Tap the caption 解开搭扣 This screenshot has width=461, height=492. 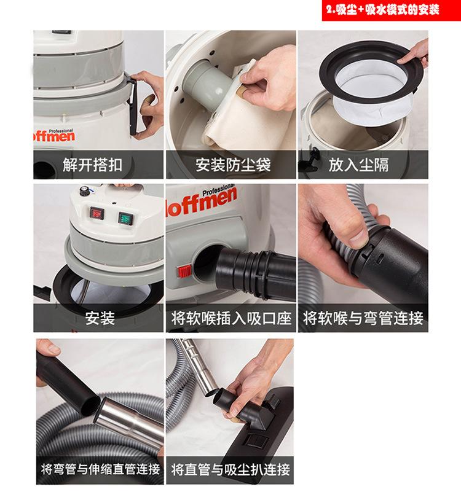pos(92,165)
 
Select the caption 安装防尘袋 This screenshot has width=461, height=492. pos(233,165)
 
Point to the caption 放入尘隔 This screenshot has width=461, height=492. pos(358,165)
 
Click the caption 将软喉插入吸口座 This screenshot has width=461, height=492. pos(231,318)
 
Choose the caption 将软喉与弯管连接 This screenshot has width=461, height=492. pos(363,318)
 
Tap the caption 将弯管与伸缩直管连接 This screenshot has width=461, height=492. pos(100,469)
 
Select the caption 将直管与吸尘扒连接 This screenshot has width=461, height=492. pos(230,469)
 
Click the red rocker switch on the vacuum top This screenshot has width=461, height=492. pos(97,213)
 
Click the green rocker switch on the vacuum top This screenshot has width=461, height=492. pos(126,218)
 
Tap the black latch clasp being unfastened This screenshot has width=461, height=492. pos(133,107)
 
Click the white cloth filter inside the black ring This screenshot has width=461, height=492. pos(374,94)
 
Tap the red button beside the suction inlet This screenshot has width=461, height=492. pos(184,271)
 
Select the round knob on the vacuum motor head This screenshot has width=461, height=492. pos(85,190)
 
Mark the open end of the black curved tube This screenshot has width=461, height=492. pos(90,405)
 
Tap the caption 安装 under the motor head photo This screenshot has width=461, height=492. pos(100,318)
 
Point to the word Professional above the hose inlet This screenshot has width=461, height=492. pos(219,190)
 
